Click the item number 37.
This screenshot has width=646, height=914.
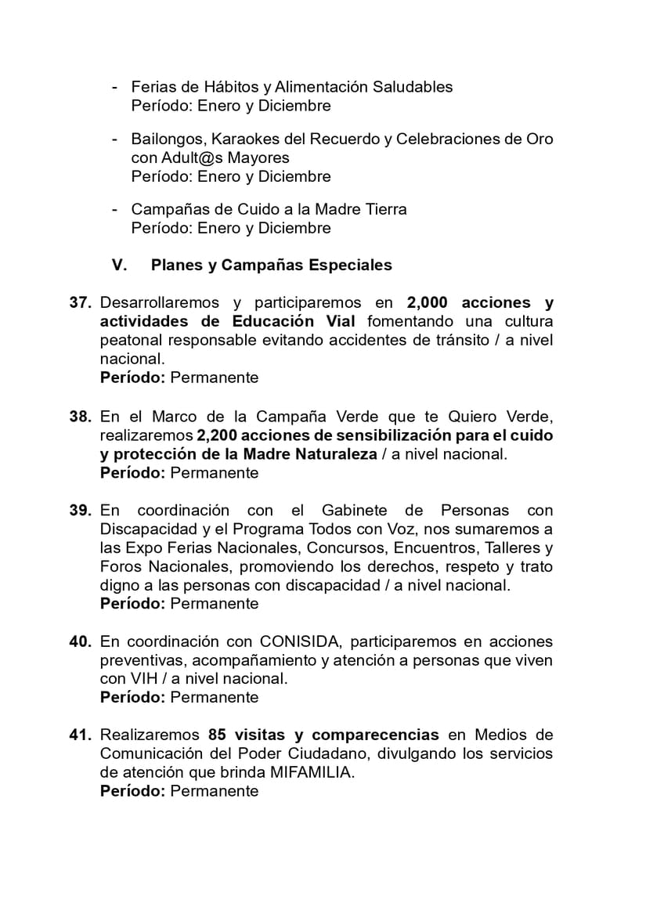(81, 303)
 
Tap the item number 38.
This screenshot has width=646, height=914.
(81, 417)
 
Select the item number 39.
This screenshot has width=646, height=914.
(81, 511)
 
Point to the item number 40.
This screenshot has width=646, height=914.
(81, 641)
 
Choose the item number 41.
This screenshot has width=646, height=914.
(81, 735)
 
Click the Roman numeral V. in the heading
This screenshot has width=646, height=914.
(120, 266)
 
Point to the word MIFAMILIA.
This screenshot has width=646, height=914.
(312, 773)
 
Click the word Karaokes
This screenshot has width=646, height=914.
(235, 139)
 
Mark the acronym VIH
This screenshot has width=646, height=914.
(144, 679)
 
